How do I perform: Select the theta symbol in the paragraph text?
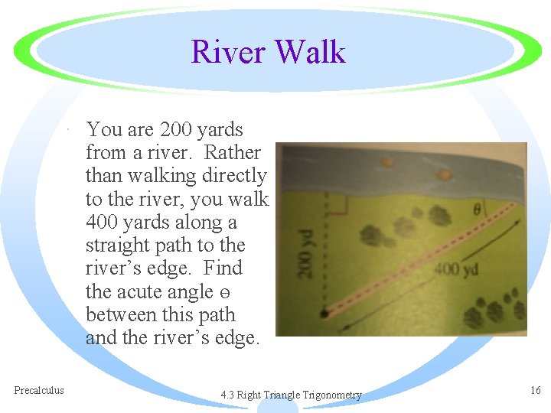pos(223,293)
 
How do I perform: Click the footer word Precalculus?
pos(39,390)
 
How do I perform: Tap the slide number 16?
pos(535,390)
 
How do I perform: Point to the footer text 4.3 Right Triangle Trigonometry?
pos(291,395)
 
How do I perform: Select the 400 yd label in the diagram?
pos(457,269)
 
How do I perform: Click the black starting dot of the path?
pos(324,313)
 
